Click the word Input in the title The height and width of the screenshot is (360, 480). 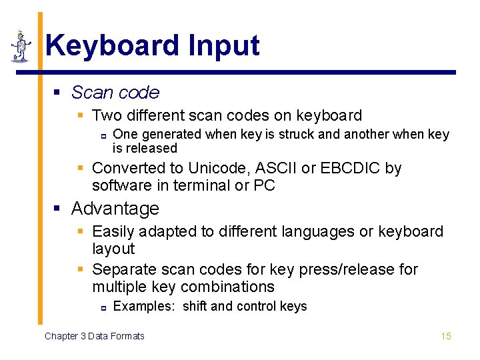(x=224, y=46)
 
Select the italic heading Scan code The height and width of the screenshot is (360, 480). (x=115, y=93)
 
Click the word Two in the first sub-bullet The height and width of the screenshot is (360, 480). (x=107, y=115)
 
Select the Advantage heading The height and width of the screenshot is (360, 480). (x=115, y=209)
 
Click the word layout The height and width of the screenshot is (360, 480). (x=113, y=249)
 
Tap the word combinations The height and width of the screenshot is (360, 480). (x=227, y=287)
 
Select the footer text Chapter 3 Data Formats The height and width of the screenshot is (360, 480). (x=94, y=336)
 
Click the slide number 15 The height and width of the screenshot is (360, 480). (x=445, y=336)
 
